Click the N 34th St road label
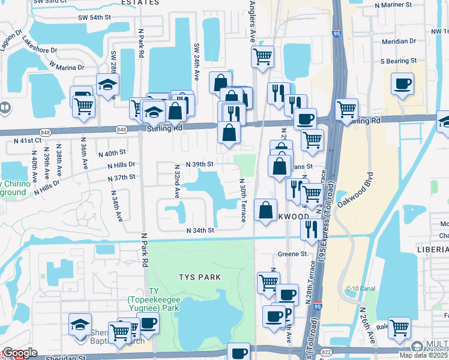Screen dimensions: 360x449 pos(200,230)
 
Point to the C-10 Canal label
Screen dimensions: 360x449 pos(361,289)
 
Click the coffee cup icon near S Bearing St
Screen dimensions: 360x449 pos(402,83)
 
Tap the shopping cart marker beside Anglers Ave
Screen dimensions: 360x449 pos(262,56)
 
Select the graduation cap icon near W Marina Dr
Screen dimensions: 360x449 pos(107,85)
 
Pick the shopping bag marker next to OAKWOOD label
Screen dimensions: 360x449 pos(265,210)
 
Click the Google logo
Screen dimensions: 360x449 pos(20,353)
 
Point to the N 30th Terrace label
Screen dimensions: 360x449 pos(243,200)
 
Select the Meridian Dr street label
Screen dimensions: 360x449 pos(399,42)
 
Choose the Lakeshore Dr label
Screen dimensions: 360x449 pos(40,46)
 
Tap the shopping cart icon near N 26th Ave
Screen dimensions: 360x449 pos(399,328)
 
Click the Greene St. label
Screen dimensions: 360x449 pos(292,254)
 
